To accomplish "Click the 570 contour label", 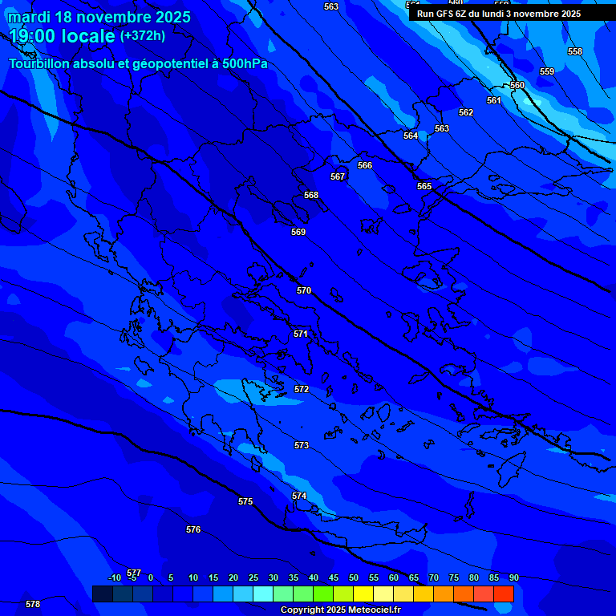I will click(304, 290).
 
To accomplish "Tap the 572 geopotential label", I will click(302, 389).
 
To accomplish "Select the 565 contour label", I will click(424, 186).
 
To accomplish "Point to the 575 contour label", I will click(245, 501).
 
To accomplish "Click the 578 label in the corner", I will click(33, 604).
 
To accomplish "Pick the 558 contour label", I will click(575, 51).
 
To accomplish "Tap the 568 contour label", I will click(311, 195).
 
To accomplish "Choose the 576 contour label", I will click(193, 529).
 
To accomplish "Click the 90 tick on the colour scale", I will click(513, 577).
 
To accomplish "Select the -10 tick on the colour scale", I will click(115, 577).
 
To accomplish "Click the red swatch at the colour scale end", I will click(504, 594).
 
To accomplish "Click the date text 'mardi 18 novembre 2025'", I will click(99, 17).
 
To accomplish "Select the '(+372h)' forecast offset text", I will click(143, 35).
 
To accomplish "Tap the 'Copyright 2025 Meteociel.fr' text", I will click(340, 610).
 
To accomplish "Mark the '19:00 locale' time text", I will click(62, 36).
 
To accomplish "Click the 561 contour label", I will click(494, 100).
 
